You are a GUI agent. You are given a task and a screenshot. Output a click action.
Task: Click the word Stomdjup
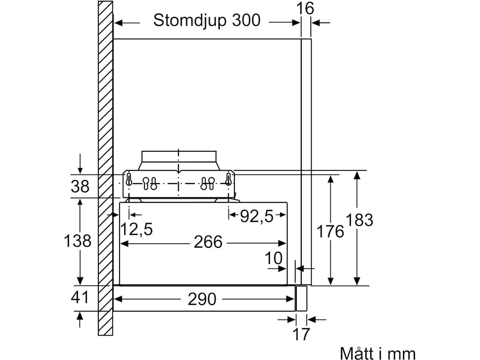tap(190, 21)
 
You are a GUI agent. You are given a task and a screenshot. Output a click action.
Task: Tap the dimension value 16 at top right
tap(305, 8)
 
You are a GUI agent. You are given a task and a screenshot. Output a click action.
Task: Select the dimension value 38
tap(80, 186)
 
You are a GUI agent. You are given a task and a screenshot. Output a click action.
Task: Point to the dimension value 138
tap(78, 241)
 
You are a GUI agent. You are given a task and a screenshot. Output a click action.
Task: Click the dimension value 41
tap(80, 297)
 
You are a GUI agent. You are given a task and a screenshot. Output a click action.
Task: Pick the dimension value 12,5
tap(136, 229)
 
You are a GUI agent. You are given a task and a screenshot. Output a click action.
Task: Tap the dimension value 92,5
tap(257, 216)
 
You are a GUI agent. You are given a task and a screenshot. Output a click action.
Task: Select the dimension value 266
tap(208, 242)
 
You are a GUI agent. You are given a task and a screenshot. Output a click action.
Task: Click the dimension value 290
tap(202, 299)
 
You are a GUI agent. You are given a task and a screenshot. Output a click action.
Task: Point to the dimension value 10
tap(274, 258)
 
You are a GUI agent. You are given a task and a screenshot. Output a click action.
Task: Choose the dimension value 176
tap(330, 232)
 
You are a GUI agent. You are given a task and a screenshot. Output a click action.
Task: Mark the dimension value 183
tap(360, 220)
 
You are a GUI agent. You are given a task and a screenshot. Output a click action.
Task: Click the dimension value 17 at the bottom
tap(301, 334)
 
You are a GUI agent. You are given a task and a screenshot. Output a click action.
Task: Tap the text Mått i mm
tap(378, 352)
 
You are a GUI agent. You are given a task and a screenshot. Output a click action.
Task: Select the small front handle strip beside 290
tap(301, 298)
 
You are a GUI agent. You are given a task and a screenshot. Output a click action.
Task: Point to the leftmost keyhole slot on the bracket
tap(129, 179)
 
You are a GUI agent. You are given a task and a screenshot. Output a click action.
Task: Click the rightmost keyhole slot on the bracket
tap(228, 179)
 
